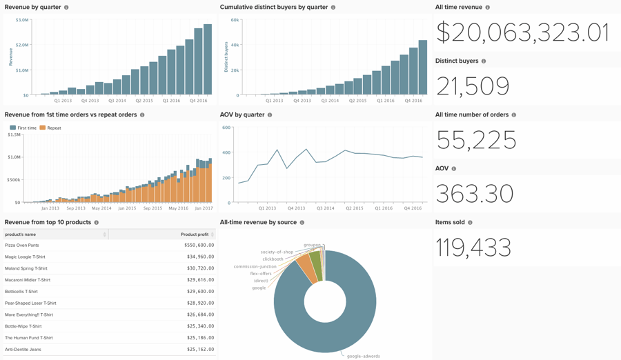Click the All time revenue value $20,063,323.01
(x=522, y=32)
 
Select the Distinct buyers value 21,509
(x=473, y=86)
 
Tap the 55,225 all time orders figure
(x=476, y=140)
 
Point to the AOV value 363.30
(x=475, y=194)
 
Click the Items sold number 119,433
(x=473, y=248)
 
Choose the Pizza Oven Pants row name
(x=22, y=246)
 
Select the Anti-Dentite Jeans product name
(x=23, y=350)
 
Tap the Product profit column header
(x=194, y=234)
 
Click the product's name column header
(x=21, y=234)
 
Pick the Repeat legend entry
(x=50, y=128)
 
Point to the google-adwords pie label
(x=364, y=356)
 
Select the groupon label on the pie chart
(x=312, y=245)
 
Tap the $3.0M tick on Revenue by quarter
(x=21, y=20)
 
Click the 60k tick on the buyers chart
(x=235, y=20)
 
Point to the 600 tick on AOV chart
(x=226, y=128)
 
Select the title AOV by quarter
(x=242, y=114)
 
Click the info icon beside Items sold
(x=470, y=223)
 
